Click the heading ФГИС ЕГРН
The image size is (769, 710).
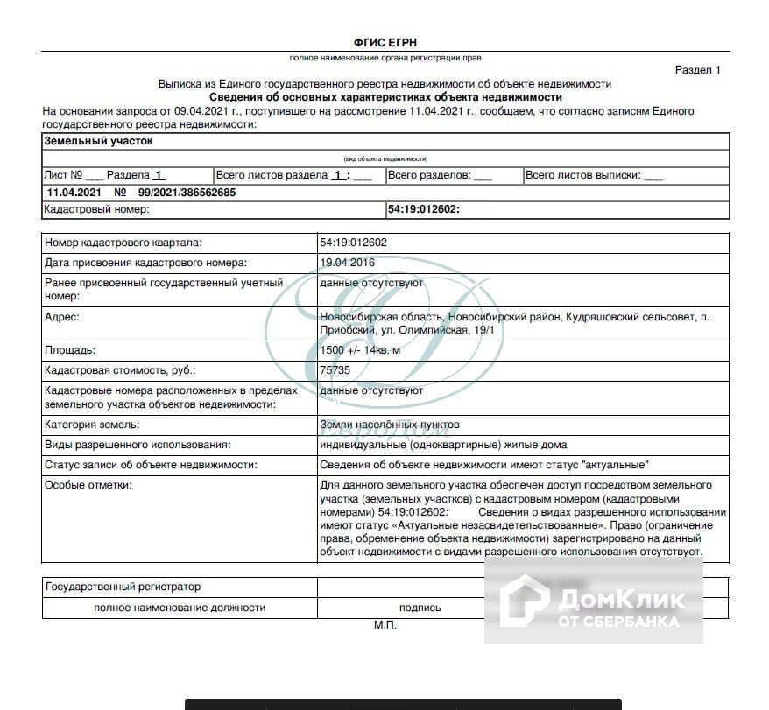[384, 42]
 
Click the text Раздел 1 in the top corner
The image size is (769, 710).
[697, 70]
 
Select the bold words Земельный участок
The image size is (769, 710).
[98, 140]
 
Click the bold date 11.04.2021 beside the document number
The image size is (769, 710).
[74, 193]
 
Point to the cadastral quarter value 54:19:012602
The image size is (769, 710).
[354, 243]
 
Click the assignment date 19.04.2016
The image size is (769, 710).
[348, 263]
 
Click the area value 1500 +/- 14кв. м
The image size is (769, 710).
[360, 350]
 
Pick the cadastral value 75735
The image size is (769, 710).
[335, 370]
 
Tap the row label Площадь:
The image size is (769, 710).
[69, 350]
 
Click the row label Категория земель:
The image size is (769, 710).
[91, 425]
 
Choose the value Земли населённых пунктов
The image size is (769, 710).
[390, 425]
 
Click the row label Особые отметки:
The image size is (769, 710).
[88, 485]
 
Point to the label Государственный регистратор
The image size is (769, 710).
[123, 587]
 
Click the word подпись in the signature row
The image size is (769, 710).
[420, 607]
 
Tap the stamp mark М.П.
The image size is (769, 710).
[385, 626]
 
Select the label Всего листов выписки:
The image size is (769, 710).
[582, 175]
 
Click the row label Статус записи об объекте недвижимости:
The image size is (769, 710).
[151, 465]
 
